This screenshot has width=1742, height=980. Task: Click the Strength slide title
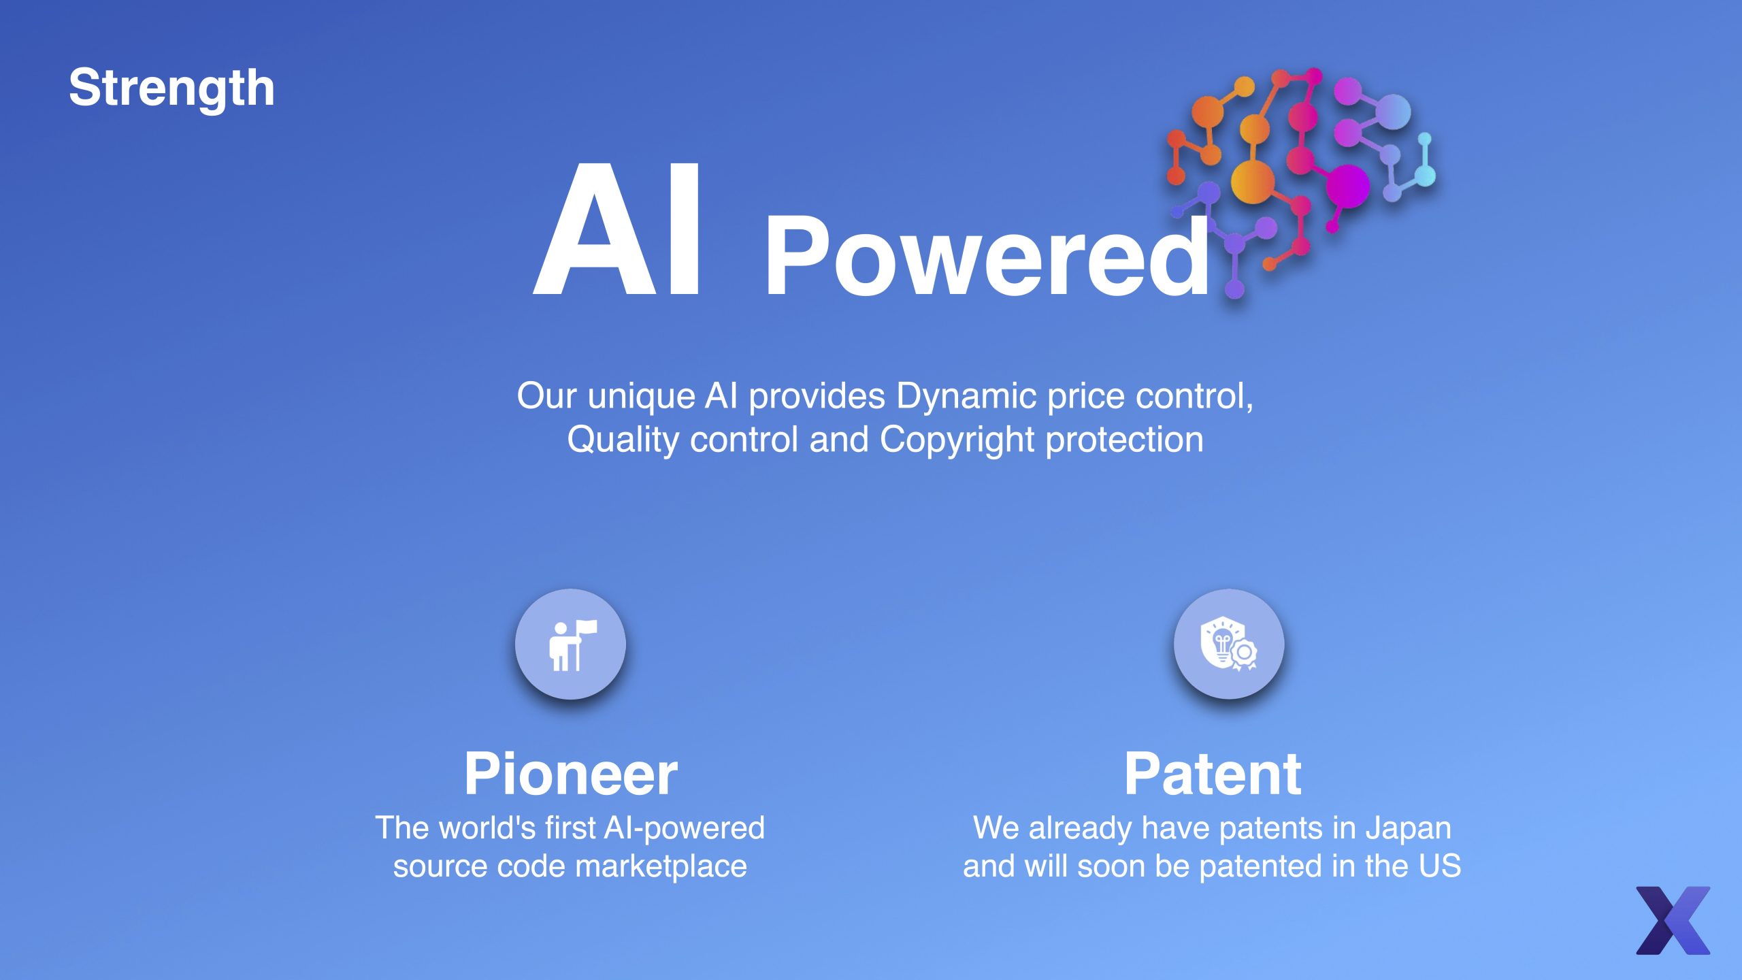click(x=171, y=88)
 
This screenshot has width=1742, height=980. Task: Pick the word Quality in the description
click(x=623, y=440)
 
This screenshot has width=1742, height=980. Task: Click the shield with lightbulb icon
click(x=1228, y=644)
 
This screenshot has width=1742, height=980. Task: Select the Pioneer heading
click(x=571, y=774)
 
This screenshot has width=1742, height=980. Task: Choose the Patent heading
click(x=1213, y=774)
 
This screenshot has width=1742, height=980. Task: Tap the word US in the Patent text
click(x=1440, y=866)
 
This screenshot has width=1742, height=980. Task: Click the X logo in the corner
click(x=1673, y=920)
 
